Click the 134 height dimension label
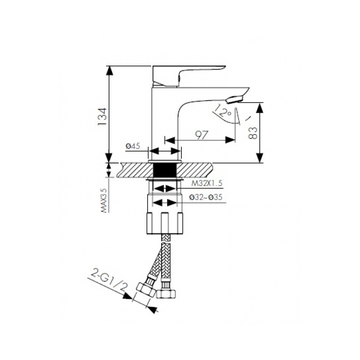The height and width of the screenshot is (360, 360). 102,117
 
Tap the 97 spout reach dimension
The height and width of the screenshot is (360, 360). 202,135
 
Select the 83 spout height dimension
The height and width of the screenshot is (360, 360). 253,133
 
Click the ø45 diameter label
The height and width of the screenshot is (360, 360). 133,146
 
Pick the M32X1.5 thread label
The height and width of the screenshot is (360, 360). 207,184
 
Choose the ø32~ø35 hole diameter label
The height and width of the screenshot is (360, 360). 206,197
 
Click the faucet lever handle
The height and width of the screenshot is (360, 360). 187,75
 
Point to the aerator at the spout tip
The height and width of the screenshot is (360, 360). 234,99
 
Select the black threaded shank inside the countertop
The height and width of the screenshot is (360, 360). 165,170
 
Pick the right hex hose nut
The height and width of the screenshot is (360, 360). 166,294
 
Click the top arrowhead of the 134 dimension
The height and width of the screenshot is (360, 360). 109,71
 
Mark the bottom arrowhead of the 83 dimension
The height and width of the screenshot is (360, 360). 259,158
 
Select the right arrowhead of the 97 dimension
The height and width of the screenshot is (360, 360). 230,139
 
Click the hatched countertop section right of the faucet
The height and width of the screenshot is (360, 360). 195,170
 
